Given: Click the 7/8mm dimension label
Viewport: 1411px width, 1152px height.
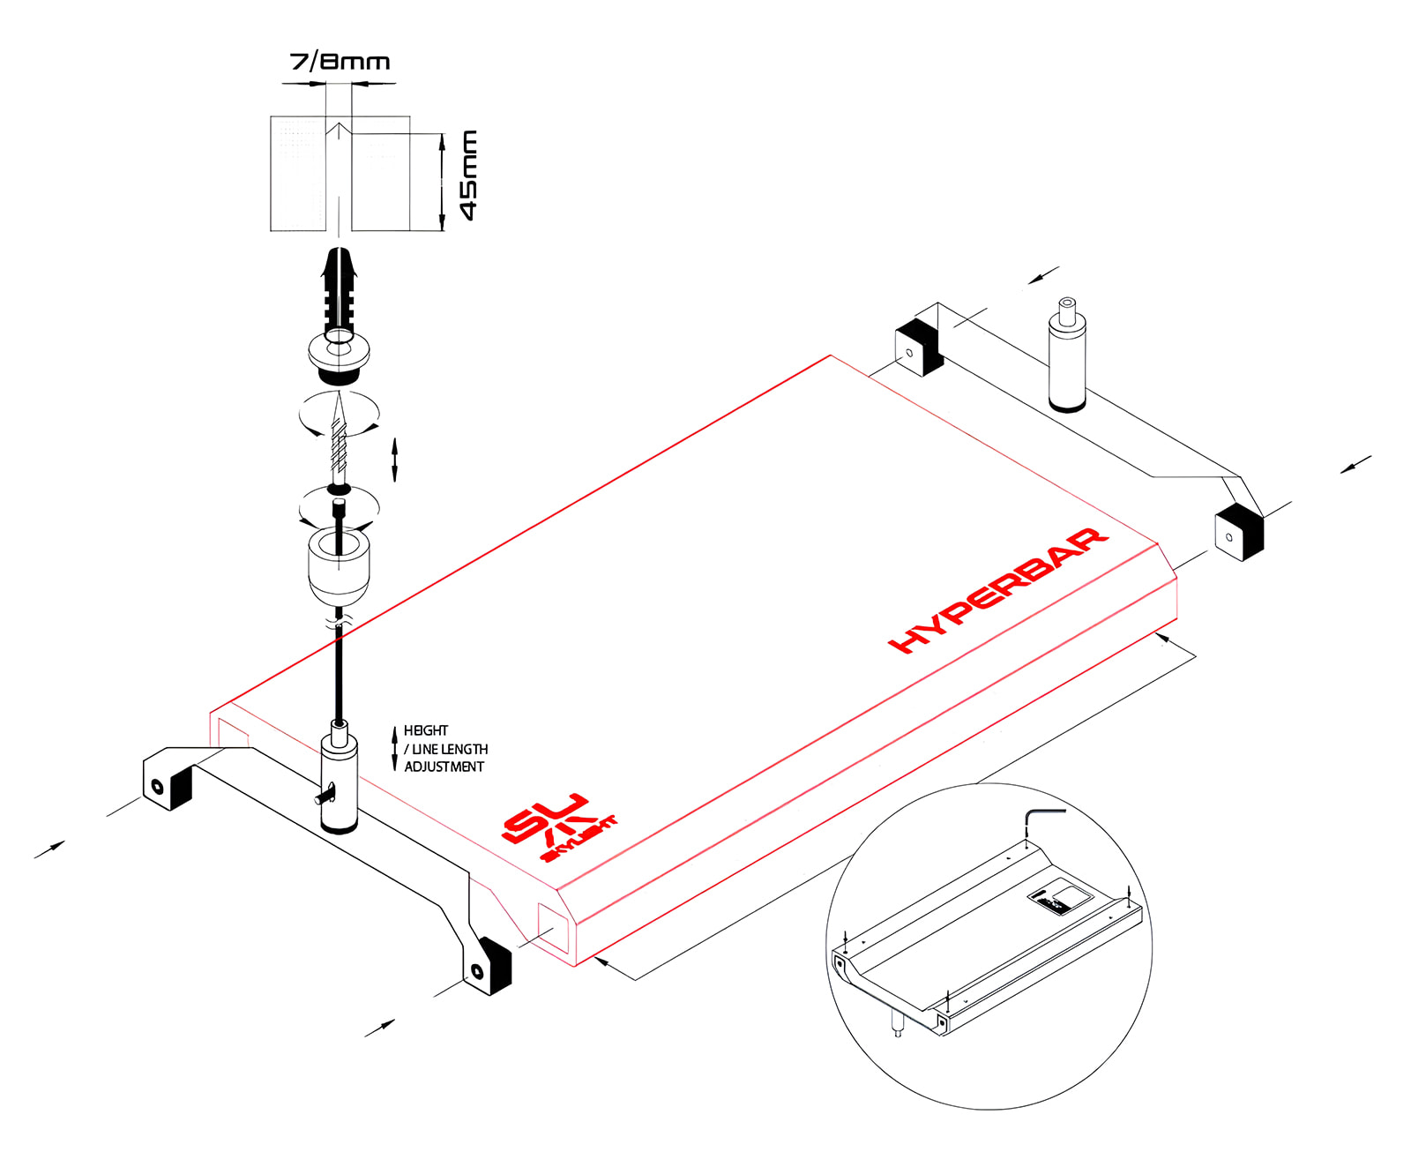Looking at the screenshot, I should (340, 62).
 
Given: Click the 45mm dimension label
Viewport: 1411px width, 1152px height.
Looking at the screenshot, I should (469, 176).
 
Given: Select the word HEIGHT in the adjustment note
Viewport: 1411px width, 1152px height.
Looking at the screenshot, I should (426, 730).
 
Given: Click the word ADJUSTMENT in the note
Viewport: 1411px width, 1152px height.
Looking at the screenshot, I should (444, 767).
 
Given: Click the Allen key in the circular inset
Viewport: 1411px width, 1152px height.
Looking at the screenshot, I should (1041, 820).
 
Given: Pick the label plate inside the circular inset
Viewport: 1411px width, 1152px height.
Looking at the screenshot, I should (1059, 901).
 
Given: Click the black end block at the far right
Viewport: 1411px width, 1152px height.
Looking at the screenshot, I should (1238, 535).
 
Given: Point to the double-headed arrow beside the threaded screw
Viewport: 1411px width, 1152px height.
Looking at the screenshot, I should (394, 459).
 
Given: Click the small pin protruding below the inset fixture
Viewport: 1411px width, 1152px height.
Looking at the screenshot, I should (898, 1025).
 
